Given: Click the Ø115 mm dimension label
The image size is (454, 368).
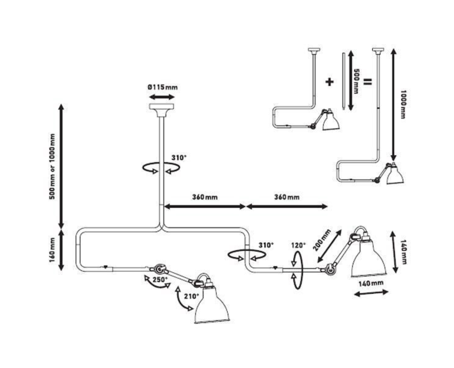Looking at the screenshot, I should click(162, 87).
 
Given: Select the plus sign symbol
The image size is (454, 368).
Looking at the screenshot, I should click(330, 82).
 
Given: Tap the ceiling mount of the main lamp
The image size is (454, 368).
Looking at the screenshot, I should click(161, 109).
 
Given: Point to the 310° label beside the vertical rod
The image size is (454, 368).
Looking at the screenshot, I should click(178, 158).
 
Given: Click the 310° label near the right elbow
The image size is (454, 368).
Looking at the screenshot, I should click(266, 245).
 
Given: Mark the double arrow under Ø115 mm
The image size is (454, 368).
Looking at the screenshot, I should click(162, 97).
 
